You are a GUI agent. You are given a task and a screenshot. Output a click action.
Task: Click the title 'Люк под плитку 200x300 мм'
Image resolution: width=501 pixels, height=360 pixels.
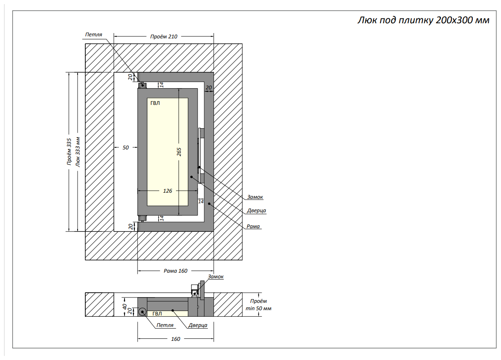click(423, 20)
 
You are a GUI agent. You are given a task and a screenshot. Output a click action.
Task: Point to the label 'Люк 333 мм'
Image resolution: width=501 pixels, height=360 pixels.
click(78, 151)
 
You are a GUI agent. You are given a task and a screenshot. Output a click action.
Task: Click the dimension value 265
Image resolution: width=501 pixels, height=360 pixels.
click(179, 151)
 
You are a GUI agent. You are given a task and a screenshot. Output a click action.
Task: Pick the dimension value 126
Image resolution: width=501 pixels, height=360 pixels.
click(167, 191)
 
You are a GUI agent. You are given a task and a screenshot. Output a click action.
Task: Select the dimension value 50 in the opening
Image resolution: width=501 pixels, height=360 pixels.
click(125, 147)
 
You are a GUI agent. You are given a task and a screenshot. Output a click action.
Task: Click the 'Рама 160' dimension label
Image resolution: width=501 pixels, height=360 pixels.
click(176, 271)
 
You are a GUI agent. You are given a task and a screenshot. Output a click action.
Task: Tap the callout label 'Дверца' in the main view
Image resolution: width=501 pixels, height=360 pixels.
click(256, 211)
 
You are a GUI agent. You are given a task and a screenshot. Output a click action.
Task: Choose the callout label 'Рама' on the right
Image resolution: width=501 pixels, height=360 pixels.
click(253, 226)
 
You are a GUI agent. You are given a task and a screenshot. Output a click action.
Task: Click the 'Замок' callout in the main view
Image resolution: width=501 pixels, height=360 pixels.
click(255, 197)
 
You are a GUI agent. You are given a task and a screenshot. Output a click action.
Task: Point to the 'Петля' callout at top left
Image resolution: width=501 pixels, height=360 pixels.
click(94, 35)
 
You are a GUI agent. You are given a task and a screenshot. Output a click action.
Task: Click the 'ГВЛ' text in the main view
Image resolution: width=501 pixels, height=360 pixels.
click(155, 103)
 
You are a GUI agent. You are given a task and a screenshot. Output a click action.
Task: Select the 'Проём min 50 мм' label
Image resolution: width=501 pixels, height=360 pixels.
click(258, 305)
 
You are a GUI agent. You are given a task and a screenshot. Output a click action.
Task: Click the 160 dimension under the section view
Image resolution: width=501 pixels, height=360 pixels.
click(176, 339)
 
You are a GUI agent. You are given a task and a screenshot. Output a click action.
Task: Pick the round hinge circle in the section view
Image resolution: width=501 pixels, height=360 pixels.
click(143, 312)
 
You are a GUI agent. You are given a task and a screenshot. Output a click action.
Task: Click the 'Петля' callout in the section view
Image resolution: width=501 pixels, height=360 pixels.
click(165, 325)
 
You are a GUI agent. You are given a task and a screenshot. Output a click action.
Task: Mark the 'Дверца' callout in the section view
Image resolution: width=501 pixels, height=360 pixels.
click(198, 325)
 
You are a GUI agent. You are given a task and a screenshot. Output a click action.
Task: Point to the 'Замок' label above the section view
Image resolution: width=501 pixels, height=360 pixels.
click(216, 277)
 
